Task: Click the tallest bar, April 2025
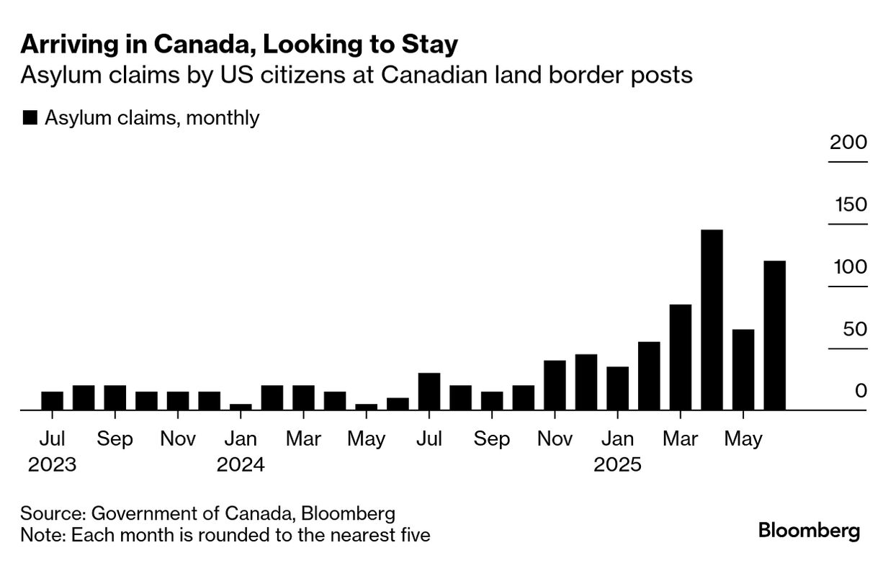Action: tap(712, 320)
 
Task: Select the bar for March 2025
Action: tap(681, 357)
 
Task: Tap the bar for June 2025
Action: tap(774, 335)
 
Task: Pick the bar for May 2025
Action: tap(743, 369)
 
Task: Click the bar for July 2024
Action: tap(429, 391)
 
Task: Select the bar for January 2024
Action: tap(241, 407)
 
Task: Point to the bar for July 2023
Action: tap(52, 400)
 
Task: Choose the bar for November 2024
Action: tap(555, 385)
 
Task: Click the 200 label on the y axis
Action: tap(848, 142)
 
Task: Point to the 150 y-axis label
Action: tap(851, 204)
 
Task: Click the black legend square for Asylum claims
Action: tap(30, 118)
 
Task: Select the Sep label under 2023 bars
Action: tap(115, 438)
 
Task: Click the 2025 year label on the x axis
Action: tap(617, 464)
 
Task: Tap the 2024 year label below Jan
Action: tap(241, 464)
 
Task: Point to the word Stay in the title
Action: tap(431, 45)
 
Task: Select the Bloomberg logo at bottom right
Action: tap(809, 531)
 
